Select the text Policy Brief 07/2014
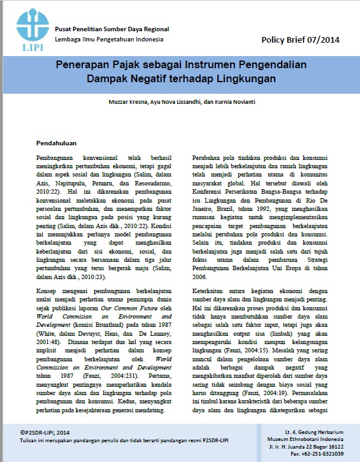click(300, 40)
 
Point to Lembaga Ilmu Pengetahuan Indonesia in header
click(109, 39)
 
